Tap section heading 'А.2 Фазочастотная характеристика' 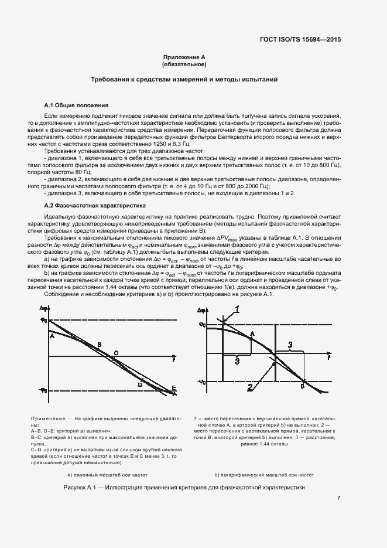(95, 206)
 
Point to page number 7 (339, 498)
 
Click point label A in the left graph (52, 336)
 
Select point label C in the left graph (116, 353)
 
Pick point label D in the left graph (141, 384)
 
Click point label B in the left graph (100, 344)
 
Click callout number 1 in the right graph (238, 308)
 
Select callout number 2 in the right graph (249, 387)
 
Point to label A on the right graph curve (252, 333)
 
